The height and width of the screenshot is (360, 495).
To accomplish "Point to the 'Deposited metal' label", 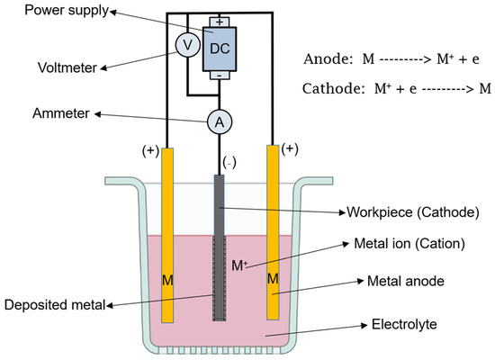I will tap(56, 306).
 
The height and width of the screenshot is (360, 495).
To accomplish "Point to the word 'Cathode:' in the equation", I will tap(336, 89).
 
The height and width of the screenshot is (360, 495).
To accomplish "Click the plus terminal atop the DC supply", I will tap(219, 20).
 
